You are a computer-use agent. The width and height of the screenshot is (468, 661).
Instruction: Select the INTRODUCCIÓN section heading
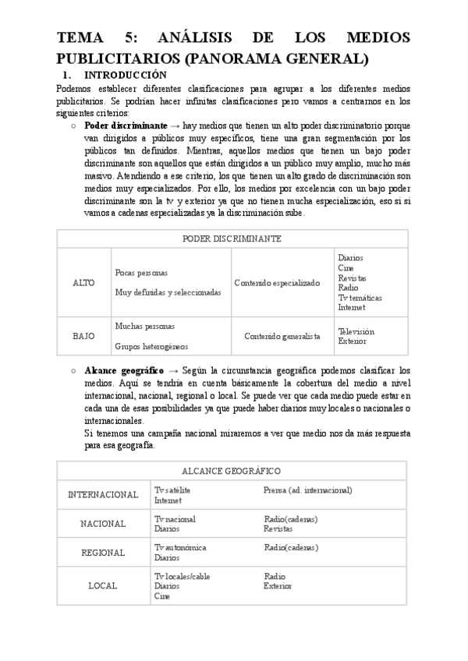(x=125, y=76)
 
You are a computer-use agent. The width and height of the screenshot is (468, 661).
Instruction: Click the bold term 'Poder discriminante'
(x=126, y=125)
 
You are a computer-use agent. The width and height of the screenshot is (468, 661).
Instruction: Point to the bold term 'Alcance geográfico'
(x=124, y=371)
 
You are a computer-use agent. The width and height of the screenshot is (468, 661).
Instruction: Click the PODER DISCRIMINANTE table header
(x=232, y=239)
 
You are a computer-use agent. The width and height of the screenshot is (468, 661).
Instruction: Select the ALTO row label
(x=83, y=282)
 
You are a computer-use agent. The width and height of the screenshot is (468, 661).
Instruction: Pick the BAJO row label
(x=83, y=336)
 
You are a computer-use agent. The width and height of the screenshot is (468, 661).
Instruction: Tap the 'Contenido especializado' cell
(x=277, y=282)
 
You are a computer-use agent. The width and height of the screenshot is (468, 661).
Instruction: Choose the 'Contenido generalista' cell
(x=282, y=336)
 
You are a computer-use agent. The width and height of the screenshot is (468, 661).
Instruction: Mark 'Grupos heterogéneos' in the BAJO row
(x=151, y=345)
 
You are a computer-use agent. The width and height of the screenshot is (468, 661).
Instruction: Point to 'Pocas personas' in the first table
(x=141, y=273)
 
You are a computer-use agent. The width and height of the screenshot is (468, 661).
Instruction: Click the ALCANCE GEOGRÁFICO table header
(x=232, y=472)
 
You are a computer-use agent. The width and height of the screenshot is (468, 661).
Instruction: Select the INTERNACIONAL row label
(x=103, y=495)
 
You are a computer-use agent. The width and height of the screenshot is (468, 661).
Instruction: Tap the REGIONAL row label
(x=103, y=552)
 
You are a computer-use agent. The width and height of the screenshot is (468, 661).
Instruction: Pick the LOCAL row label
(x=103, y=585)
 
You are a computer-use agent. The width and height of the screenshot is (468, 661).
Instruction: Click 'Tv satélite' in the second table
(x=172, y=490)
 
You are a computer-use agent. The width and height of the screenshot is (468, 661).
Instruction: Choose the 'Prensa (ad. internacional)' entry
(x=307, y=490)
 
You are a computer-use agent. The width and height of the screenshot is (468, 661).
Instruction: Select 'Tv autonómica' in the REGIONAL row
(x=180, y=547)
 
